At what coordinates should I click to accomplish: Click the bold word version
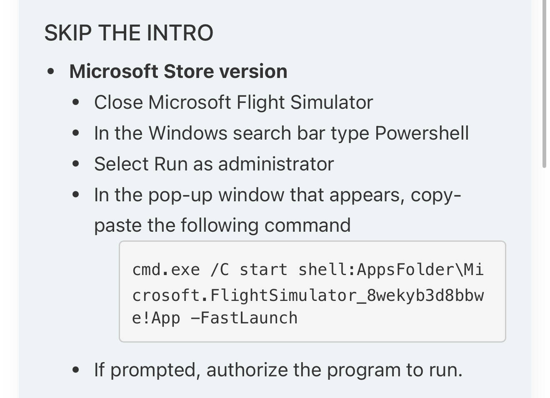tap(253, 71)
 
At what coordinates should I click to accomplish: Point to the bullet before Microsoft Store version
tap(51, 71)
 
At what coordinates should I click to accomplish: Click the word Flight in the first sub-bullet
tap(260, 103)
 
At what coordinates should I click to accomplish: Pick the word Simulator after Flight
tap(332, 103)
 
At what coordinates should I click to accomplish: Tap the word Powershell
tap(422, 133)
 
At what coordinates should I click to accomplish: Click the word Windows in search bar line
tap(188, 133)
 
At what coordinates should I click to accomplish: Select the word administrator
tap(276, 164)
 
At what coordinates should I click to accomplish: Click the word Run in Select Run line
tap(171, 164)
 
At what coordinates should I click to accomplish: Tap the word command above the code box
tap(307, 225)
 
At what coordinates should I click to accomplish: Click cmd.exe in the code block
tap(166, 270)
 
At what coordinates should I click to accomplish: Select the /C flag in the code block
tap(220, 270)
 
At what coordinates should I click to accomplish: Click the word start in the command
tap(263, 270)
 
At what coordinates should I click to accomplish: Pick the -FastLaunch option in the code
tap(244, 318)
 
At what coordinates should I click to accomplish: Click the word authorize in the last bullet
tap(247, 370)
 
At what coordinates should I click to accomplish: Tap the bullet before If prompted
tap(76, 370)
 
